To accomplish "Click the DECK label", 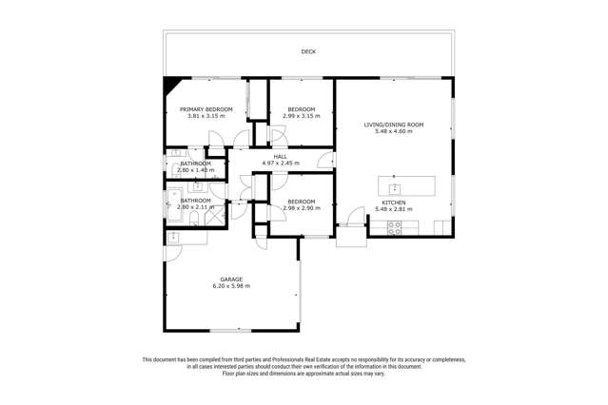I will pyautogui.click(x=307, y=52).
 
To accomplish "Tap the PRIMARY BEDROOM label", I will pyautogui.click(x=206, y=109).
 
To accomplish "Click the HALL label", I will pyautogui.click(x=281, y=156).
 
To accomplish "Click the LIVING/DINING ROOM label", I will pyautogui.click(x=394, y=125).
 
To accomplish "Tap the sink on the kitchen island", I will pyautogui.click(x=393, y=187).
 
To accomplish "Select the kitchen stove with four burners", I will pyautogui.click(x=394, y=227).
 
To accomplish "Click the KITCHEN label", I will pyautogui.click(x=394, y=202).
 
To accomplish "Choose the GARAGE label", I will pyautogui.click(x=231, y=279).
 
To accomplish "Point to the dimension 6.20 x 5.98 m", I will pyautogui.click(x=231, y=285).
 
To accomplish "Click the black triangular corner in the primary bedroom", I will pyautogui.click(x=170, y=85).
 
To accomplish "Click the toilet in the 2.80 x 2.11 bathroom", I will pyautogui.click(x=193, y=220).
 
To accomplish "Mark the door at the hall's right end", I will pyautogui.click(x=329, y=160).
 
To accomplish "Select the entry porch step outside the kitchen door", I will pyautogui.click(x=350, y=237).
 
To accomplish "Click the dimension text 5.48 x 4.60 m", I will pyautogui.click(x=394, y=131).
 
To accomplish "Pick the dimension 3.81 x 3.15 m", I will pyautogui.click(x=206, y=116).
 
